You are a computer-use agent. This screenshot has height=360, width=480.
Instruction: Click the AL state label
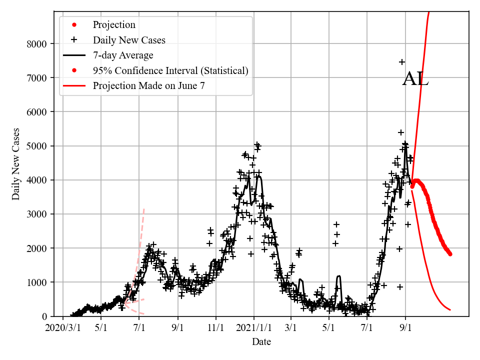(415, 79)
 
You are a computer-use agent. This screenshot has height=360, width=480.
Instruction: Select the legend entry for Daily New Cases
(128, 40)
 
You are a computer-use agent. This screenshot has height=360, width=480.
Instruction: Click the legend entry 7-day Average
(122, 55)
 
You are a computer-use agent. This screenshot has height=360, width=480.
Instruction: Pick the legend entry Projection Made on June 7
(148, 85)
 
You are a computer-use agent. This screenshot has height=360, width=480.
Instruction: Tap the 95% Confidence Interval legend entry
(170, 70)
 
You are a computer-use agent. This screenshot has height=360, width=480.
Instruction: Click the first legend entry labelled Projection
(114, 25)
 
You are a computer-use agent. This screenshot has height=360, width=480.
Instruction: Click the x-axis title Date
(261, 342)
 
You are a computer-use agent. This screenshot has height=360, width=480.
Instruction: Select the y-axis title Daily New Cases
(16, 164)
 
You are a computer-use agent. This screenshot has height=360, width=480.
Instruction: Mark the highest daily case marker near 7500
(402, 62)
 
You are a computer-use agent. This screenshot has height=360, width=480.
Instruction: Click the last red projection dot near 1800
(450, 253)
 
